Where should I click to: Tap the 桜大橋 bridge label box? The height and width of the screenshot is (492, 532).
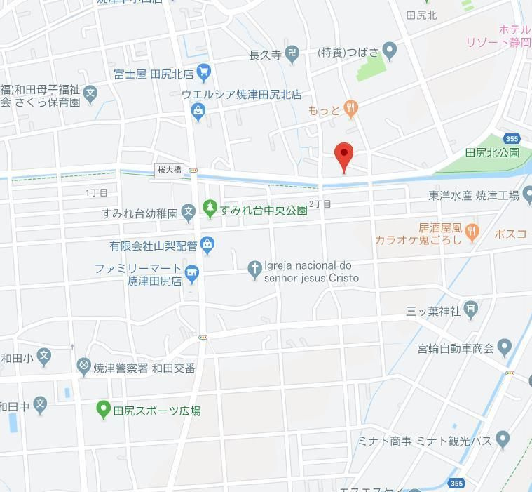tap(170, 170)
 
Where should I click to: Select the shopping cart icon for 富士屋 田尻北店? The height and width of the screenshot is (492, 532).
tap(204, 72)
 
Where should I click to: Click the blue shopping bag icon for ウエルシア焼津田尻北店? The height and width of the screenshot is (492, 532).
tap(199, 111)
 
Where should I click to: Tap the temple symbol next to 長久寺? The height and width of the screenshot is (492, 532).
tap(292, 53)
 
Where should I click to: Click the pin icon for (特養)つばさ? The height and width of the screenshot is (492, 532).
tap(390, 51)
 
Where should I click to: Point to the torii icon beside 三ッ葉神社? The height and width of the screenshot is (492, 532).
tap(472, 309)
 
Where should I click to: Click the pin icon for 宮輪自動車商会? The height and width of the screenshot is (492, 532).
tap(505, 347)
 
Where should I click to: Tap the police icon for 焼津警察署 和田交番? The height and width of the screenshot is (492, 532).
tap(84, 366)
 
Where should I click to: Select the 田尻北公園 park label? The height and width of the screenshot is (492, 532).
tap(492, 152)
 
